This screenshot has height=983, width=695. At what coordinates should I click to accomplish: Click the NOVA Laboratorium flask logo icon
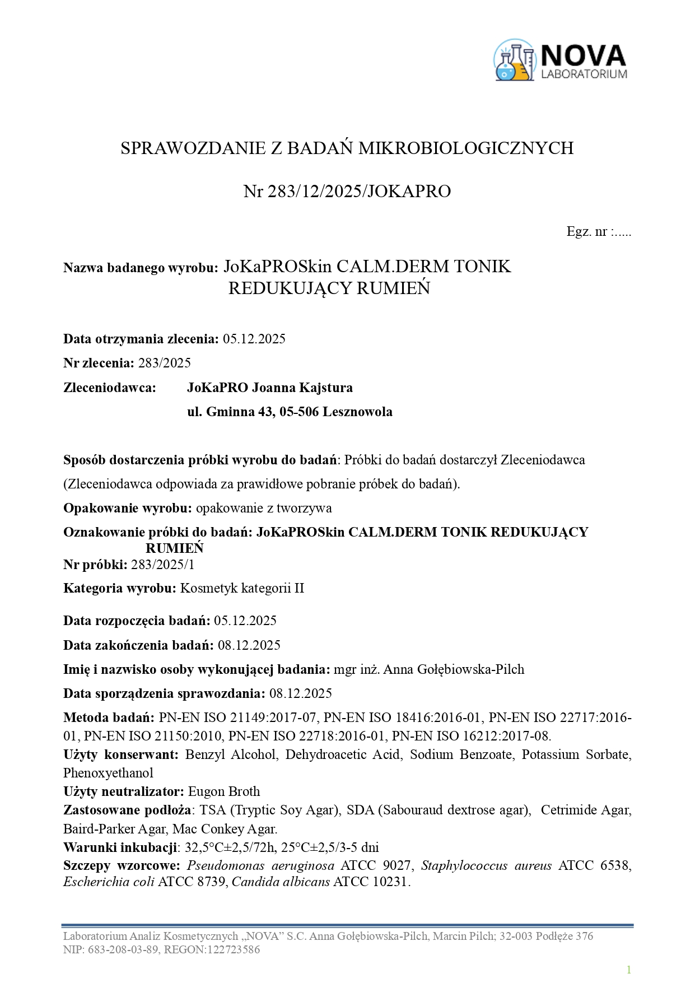coord(514,60)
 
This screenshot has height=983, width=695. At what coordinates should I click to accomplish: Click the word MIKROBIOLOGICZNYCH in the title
coord(466,148)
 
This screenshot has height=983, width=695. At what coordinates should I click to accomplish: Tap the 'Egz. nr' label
coord(586,232)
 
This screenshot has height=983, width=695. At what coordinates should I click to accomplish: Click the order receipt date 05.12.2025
coord(254,339)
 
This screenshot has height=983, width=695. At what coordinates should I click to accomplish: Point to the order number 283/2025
coord(165,363)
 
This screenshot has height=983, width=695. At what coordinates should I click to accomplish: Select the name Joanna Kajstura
coord(302,388)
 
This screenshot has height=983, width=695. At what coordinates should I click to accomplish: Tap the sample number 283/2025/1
coord(163,565)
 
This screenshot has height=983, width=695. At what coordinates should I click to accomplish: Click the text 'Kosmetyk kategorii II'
coord(242,588)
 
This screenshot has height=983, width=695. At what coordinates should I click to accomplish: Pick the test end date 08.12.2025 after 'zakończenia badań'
coord(249,645)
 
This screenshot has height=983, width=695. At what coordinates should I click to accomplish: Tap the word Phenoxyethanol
coord(108,773)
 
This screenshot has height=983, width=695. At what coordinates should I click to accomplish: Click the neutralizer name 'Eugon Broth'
coord(224,791)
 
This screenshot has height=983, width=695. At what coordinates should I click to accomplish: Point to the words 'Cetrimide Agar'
coord(586,810)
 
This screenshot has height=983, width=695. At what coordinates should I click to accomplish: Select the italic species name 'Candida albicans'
coord(281,882)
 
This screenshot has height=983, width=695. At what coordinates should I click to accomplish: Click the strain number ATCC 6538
coord(595,865)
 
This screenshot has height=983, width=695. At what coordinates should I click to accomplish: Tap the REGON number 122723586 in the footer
coord(234,949)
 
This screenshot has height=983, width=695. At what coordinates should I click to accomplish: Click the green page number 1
coord(629,970)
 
